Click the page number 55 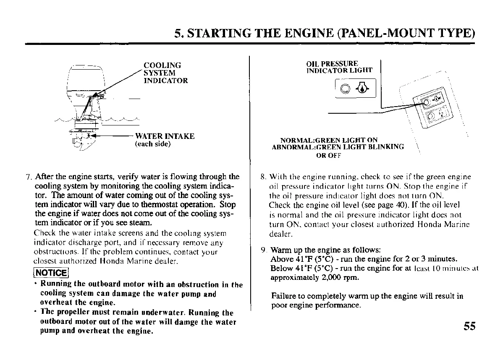[x=470, y=326]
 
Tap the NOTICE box [x=51, y=273]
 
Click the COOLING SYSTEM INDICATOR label [x=165, y=73]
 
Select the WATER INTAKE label [x=165, y=136]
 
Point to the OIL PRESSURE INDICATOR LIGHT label [x=339, y=67]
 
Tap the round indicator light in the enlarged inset [x=346, y=89]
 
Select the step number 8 [x=263, y=177]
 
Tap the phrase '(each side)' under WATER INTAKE [x=153, y=144]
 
